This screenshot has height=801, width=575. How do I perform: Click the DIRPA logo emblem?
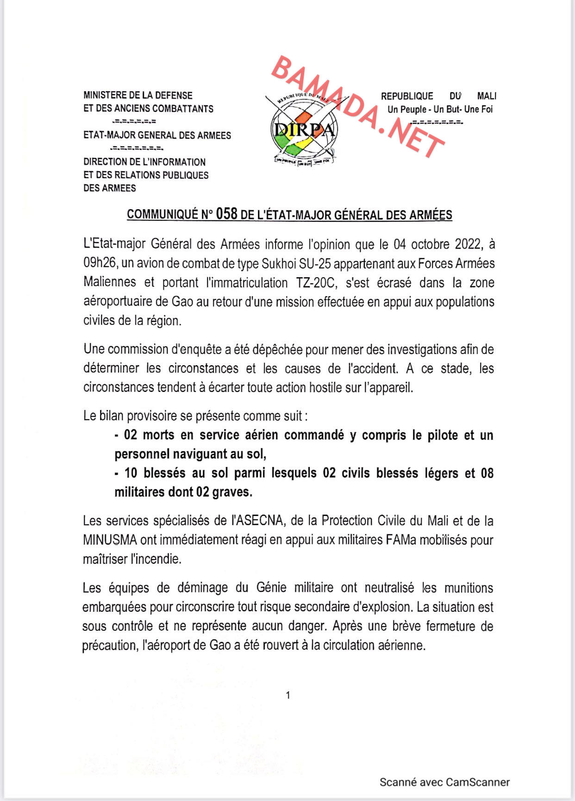(x=304, y=130)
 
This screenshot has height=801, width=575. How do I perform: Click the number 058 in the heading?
(x=226, y=214)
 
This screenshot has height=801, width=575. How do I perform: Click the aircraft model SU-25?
(x=315, y=263)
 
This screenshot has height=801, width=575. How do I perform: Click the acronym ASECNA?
(x=257, y=521)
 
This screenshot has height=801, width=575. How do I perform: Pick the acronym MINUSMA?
(x=110, y=540)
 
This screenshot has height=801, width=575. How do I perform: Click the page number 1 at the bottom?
(x=288, y=695)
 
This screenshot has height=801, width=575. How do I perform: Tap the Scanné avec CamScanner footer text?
(x=444, y=782)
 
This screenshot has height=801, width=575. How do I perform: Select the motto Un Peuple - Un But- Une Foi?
(x=440, y=110)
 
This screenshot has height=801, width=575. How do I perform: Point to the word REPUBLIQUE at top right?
(x=407, y=96)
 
